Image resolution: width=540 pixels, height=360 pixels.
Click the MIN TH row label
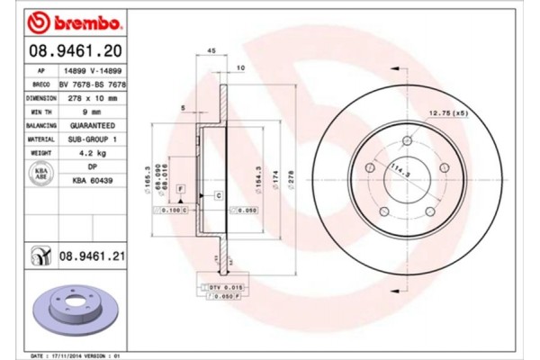coord(40,112)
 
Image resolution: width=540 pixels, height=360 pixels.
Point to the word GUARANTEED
coord(90,126)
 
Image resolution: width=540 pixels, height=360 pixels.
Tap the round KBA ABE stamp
coord(40,173)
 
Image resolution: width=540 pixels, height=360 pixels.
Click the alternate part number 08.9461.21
coord(91,256)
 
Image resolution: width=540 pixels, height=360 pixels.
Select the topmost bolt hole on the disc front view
coord(407,141)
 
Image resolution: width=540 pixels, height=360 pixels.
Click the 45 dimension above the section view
coord(209,50)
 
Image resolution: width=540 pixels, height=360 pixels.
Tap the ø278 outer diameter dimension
coord(290,184)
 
